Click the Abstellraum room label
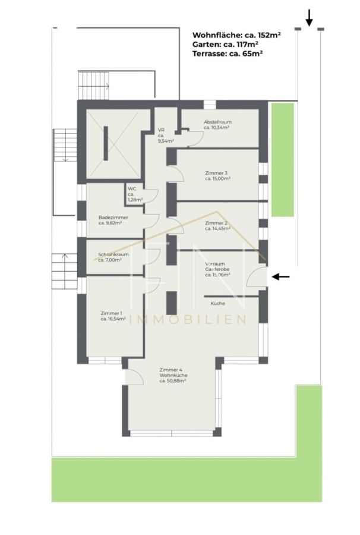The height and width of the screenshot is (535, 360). click(x=217, y=125)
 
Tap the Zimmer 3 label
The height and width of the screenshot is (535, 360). click(x=218, y=176)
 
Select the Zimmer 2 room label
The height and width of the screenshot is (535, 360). click(x=217, y=226)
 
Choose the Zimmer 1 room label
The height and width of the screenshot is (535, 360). click(x=113, y=316)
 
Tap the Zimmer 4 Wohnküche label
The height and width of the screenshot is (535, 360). click(x=173, y=375)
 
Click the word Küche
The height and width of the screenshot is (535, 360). click(x=217, y=303)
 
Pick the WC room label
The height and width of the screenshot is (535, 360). click(x=135, y=194)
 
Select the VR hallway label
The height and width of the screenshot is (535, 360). click(x=166, y=136)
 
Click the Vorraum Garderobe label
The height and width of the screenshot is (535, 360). click(x=217, y=269)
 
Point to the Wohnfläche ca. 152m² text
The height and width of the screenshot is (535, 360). click(x=236, y=35)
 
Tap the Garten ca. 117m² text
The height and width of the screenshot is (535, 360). click(x=225, y=44)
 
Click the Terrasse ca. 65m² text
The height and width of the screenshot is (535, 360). click(x=228, y=53)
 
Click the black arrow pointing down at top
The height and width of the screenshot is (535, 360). click(x=309, y=18)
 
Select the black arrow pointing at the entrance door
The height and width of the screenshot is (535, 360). click(x=280, y=276)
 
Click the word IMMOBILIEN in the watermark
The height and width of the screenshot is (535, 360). click(x=188, y=319)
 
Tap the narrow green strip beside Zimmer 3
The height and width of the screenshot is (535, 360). click(x=283, y=160)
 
